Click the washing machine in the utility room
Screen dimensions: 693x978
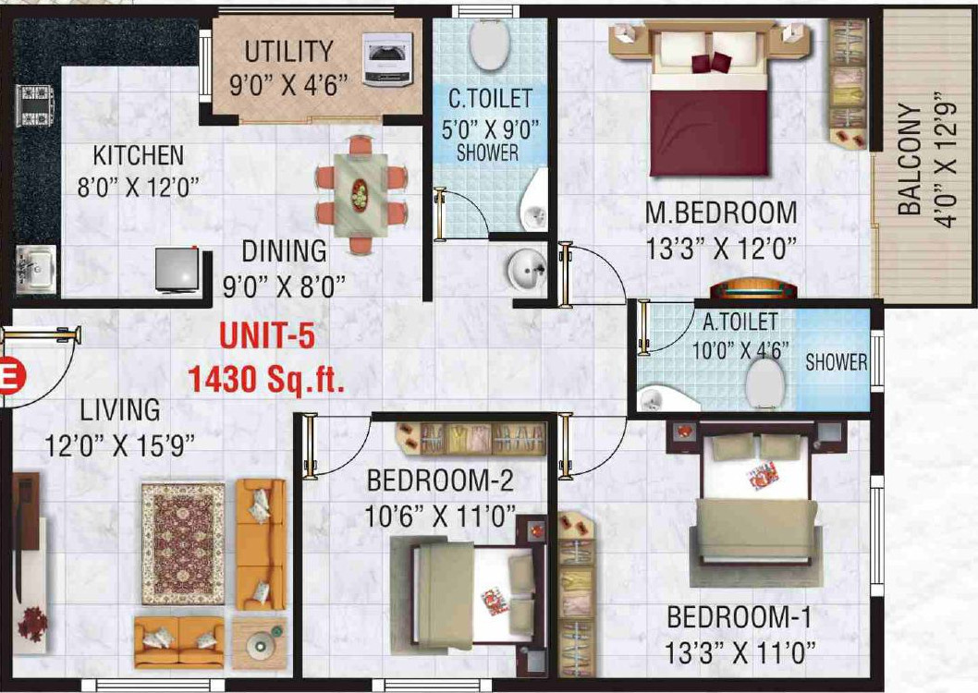tap(387, 60)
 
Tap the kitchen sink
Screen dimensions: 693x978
tap(34, 268)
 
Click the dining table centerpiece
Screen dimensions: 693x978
tap(360, 194)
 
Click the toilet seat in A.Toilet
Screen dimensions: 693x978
tap(764, 380)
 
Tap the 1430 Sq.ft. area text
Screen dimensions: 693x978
tap(266, 378)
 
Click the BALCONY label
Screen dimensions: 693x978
tap(910, 160)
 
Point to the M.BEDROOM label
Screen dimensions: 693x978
tap(721, 213)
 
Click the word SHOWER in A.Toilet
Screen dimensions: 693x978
tap(836, 362)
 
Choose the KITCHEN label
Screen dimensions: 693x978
tap(139, 155)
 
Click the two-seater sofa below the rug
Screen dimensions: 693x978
tap(178, 641)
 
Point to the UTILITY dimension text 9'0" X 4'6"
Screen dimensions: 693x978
tap(288, 85)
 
